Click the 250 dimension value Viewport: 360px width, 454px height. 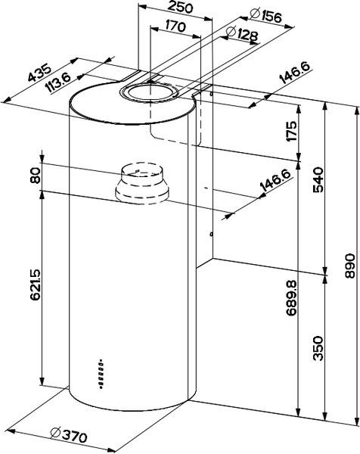tap(178, 11)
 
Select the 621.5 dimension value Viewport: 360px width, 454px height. tap(35, 285)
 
